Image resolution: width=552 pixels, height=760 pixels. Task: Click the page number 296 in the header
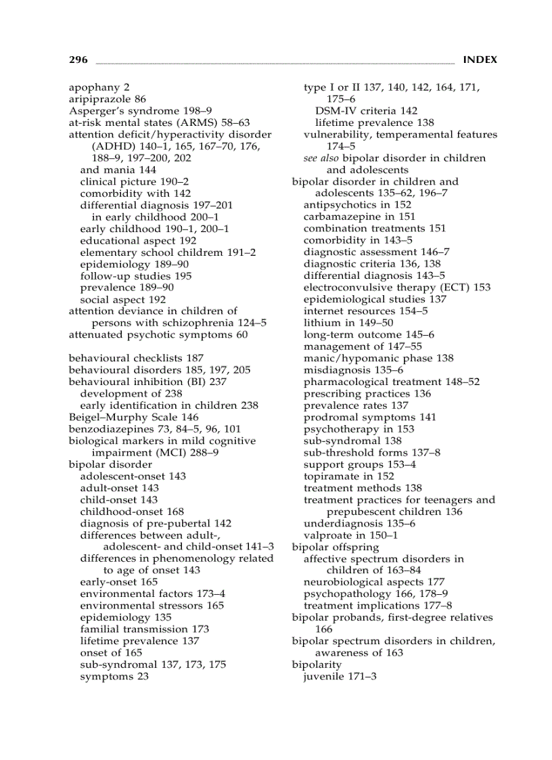click(x=78, y=60)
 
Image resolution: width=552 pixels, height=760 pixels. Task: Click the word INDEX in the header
click(x=480, y=60)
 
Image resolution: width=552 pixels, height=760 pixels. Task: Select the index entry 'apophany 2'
click(x=99, y=87)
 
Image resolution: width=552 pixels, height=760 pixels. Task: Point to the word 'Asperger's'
click(x=94, y=111)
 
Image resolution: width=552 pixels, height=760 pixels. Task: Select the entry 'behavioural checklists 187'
click(x=136, y=358)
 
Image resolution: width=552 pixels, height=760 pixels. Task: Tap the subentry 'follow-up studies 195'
click(x=135, y=275)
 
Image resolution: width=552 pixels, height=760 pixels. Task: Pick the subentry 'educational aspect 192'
click(x=138, y=240)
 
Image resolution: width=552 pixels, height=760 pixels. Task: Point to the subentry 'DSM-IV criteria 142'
click(x=366, y=111)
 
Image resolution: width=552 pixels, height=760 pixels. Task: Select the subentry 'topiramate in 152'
click(x=348, y=476)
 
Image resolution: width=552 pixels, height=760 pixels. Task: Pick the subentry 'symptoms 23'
click(x=114, y=676)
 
